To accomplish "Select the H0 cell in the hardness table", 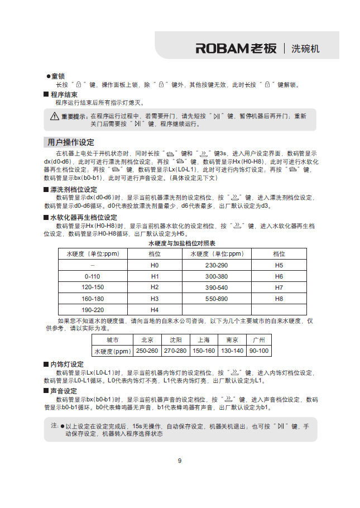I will click(155, 265).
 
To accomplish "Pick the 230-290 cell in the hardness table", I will click(217, 265).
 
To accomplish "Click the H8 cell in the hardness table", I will click(279, 299).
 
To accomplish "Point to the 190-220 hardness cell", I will click(93, 310).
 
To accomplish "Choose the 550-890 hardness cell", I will click(217, 299).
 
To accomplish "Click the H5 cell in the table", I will click(279, 265).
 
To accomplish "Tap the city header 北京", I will click(147, 340).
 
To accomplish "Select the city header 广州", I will click(258, 340).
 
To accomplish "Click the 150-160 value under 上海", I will click(203, 351).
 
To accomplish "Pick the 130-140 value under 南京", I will click(232, 351).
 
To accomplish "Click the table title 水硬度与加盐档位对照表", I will click(182, 244).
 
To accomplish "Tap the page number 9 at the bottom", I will click(180, 461).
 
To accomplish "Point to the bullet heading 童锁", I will click(58, 76).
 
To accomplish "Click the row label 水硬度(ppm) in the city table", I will click(112, 351).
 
